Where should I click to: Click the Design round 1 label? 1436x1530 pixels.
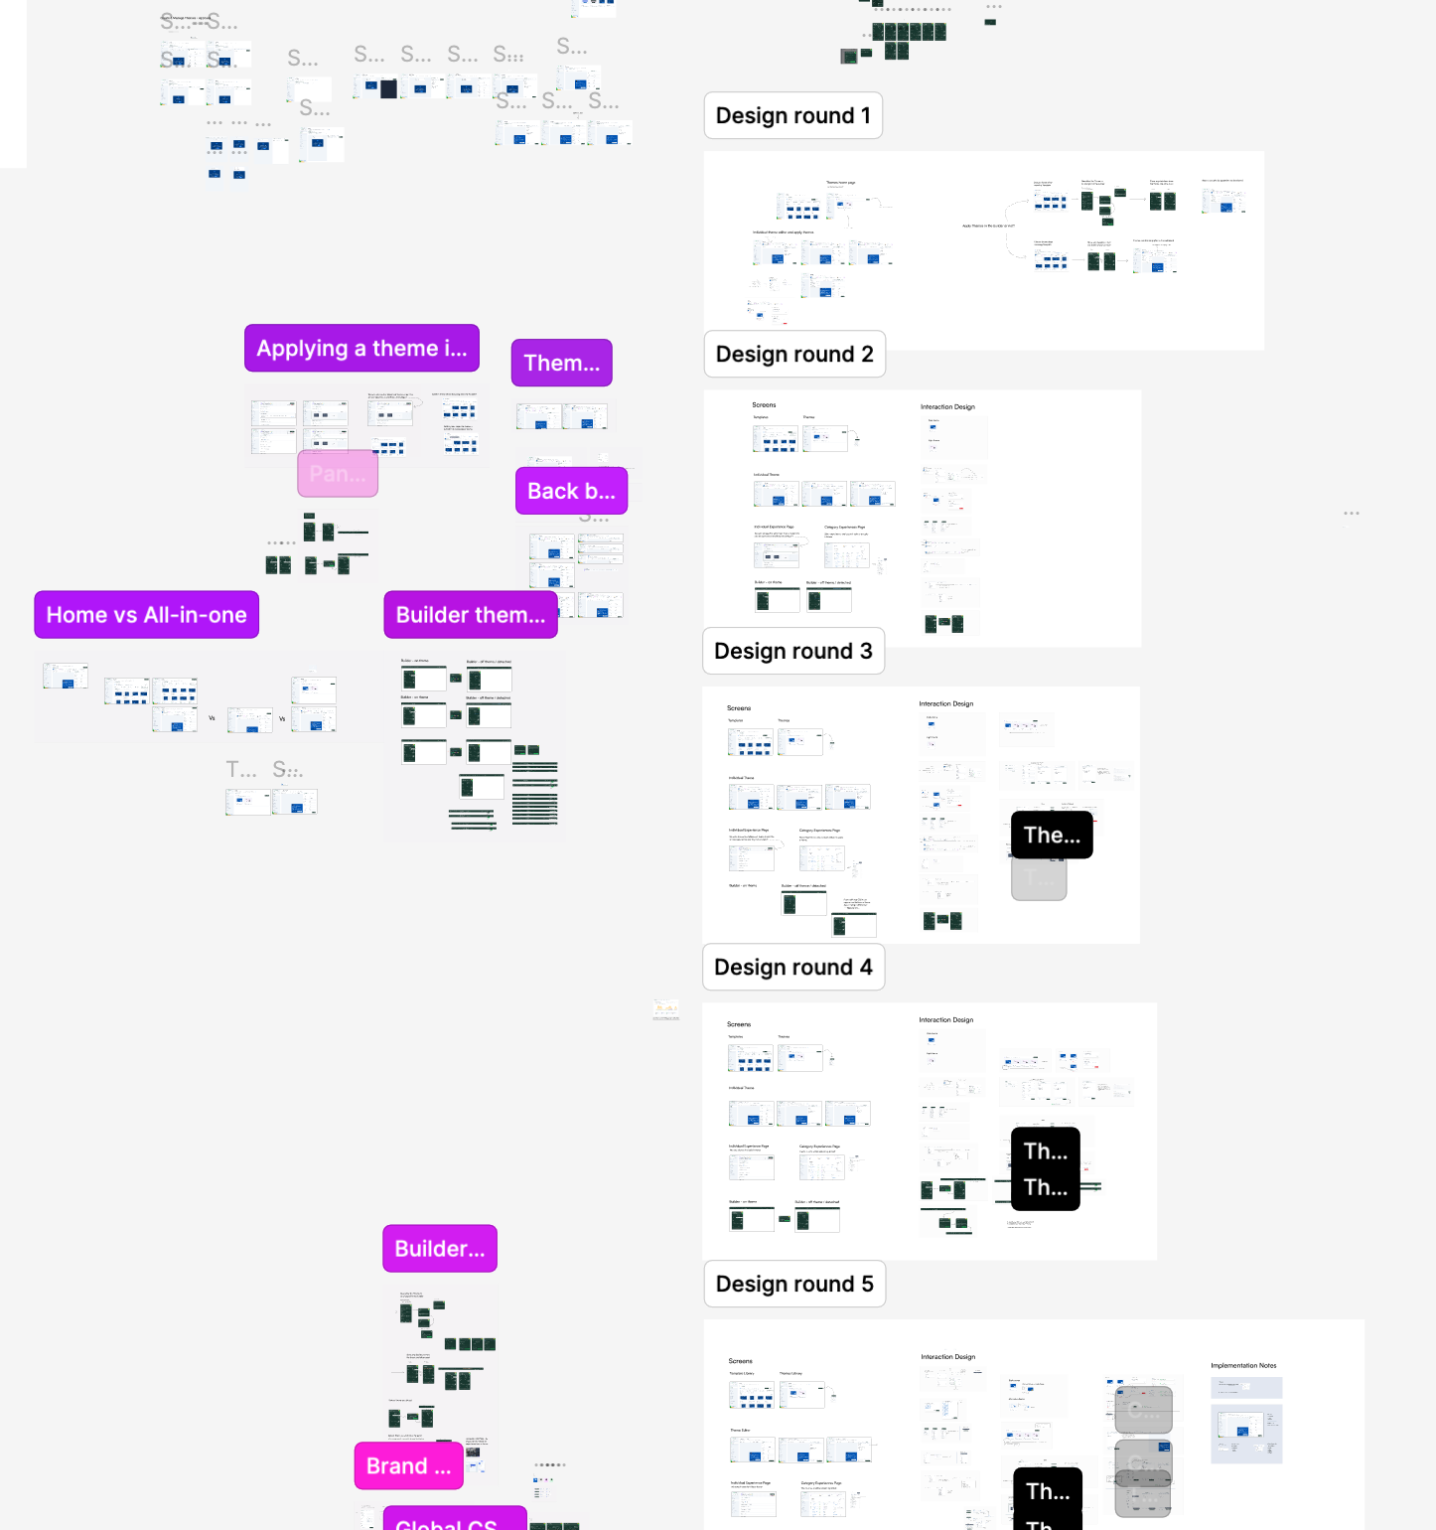click(792, 116)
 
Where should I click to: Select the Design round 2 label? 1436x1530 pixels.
click(794, 355)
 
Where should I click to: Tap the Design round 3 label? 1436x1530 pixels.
click(792, 652)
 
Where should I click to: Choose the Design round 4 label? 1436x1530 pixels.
click(792, 968)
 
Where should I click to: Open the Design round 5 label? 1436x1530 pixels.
click(794, 1285)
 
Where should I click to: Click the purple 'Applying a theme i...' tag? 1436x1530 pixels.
click(361, 349)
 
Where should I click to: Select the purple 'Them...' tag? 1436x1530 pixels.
click(561, 364)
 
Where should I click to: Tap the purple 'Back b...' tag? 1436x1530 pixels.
click(571, 492)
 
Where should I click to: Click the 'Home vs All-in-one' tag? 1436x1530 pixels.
click(146, 616)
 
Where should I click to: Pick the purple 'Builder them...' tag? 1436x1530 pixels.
click(470, 616)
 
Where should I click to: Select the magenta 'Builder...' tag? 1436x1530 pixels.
click(439, 1250)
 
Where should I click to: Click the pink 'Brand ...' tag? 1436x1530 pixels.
click(408, 1466)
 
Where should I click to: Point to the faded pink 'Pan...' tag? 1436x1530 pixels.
click(338, 474)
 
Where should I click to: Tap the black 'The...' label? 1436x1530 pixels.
click(1051, 836)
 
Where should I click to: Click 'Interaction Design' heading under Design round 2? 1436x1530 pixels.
click(947, 407)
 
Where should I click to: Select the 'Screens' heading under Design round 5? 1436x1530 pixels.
click(740, 1361)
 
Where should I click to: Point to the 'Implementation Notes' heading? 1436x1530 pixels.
click(1243, 1366)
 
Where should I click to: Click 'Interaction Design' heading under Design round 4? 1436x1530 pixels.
click(945, 1020)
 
